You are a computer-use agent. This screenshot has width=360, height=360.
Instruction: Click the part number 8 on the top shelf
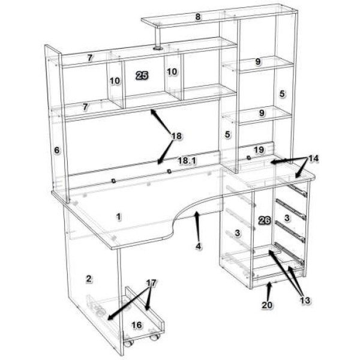(x=198, y=17)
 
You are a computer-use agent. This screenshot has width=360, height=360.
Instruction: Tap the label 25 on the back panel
(x=142, y=76)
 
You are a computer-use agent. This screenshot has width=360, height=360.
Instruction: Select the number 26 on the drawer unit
(x=265, y=220)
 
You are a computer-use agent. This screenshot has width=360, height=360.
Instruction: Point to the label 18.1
(x=187, y=161)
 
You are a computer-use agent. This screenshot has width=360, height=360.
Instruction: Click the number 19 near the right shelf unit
(x=259, y=150)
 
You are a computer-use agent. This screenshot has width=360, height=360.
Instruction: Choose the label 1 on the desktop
(x=118, y=217)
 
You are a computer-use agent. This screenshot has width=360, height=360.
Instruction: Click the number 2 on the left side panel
(x=89, y=279)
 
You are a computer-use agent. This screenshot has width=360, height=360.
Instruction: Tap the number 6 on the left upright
(x=56, y=151)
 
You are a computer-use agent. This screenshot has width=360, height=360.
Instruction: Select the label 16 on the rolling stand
(x=137, y=325)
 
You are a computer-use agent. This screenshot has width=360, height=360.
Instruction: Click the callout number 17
(x=151, y=283)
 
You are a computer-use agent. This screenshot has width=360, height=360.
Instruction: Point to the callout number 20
(x=267, y=305)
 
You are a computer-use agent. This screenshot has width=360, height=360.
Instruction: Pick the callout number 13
(x=305, y=301)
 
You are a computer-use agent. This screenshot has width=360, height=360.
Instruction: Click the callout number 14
(x=313, y=158)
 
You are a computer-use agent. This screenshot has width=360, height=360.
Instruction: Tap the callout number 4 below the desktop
(x=199, y=247)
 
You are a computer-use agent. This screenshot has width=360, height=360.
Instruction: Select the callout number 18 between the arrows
(x=176, y=136)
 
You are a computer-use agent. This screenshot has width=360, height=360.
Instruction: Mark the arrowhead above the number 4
(x=196, y=214)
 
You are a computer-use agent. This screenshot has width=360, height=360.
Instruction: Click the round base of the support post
(x=158, y=49)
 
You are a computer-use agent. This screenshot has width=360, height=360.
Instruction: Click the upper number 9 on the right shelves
(x=258, y=62)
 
